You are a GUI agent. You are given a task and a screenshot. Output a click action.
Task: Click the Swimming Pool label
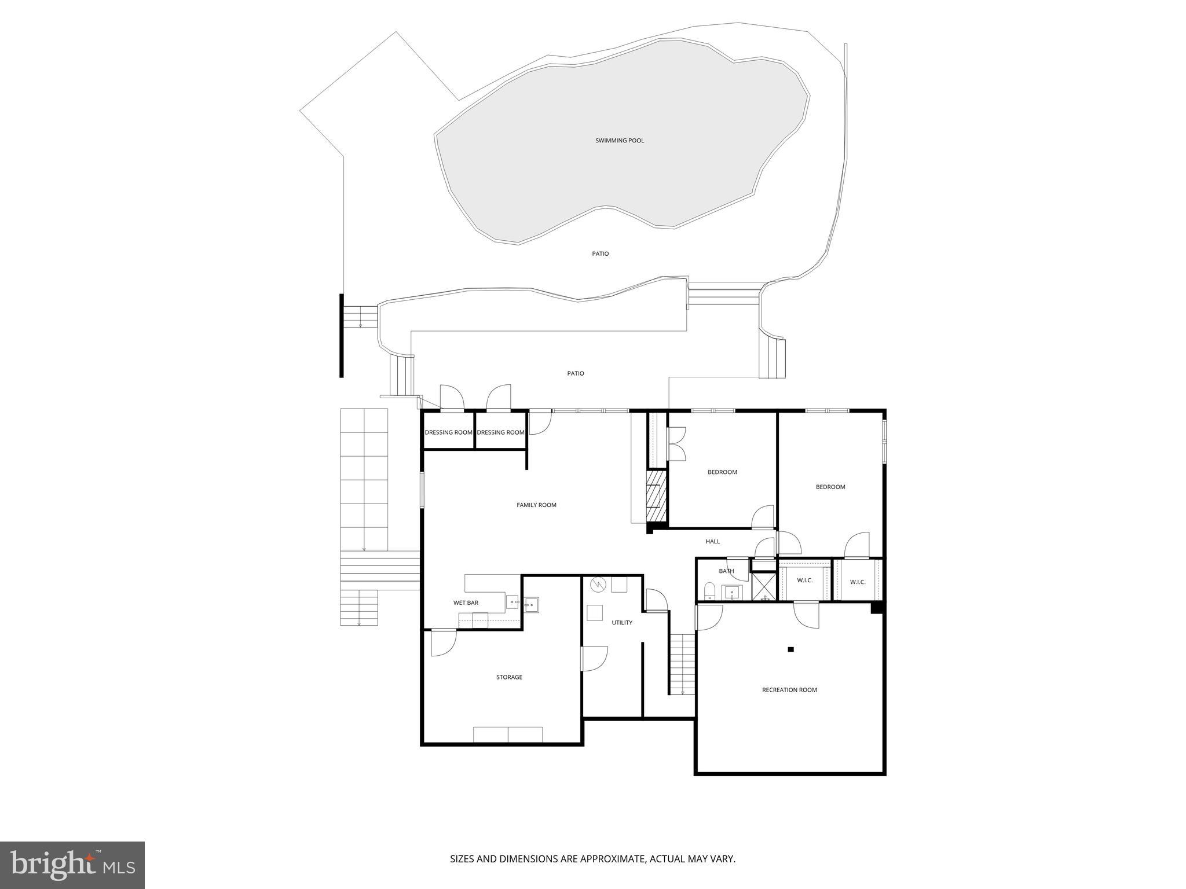tap(620, 141)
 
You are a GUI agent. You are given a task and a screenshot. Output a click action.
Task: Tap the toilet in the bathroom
tap(709, 592)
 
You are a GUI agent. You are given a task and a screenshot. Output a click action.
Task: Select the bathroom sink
tap(733, 592)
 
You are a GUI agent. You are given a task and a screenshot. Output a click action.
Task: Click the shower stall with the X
tap(764, 587)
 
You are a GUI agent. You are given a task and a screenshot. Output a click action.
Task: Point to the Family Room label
tap(536, 505)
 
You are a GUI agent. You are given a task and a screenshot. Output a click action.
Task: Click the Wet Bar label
tap(466, 603)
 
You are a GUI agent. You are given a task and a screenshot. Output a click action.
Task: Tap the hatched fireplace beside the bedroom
tap(657, 496)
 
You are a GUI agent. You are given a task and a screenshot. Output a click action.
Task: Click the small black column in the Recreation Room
tap(790, 649)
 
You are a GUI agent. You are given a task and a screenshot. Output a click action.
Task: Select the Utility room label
tap(622, 623)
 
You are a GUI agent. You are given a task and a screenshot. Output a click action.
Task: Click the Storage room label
tap(509, 677)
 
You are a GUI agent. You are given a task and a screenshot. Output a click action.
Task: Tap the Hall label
tap(713, 542)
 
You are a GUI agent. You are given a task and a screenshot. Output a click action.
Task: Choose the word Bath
tap(726, 571)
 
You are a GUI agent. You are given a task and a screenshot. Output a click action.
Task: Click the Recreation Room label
tap(789, 690)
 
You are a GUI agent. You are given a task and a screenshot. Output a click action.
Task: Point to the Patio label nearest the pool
tap(601, 254)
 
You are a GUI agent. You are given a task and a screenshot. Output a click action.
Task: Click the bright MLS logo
tap(72, 865)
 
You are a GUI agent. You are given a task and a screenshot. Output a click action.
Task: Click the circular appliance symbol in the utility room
tap(597, 585)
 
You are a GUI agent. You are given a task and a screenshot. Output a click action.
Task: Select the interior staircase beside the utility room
tap(682, 664)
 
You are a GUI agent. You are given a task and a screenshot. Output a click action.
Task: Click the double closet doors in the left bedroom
tap(676, 443)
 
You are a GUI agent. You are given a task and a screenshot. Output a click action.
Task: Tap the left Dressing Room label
tap(449, 433)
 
